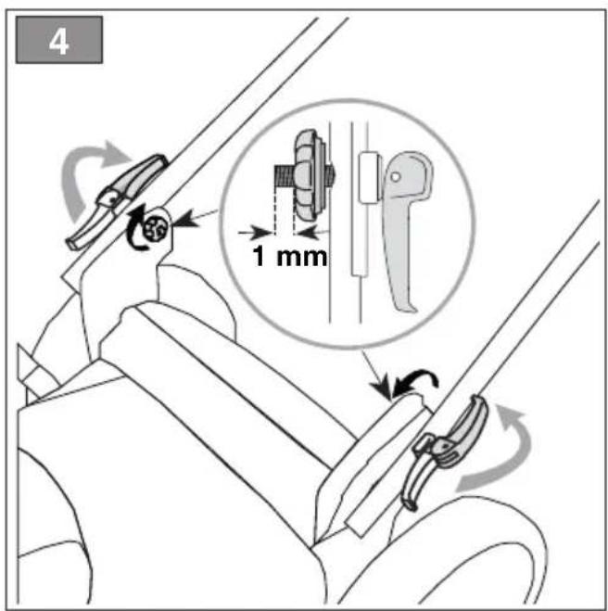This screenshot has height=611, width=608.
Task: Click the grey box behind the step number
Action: coord(59,40)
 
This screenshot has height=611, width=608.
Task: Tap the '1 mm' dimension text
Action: coord(290,257)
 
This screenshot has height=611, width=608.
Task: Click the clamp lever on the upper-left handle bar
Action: coord(117,200)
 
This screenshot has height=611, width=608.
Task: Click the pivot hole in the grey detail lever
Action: coord(396,177)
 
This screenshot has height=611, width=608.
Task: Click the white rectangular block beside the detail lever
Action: coord(369,177)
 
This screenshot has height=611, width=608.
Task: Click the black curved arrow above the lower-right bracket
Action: coord(415,382)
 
